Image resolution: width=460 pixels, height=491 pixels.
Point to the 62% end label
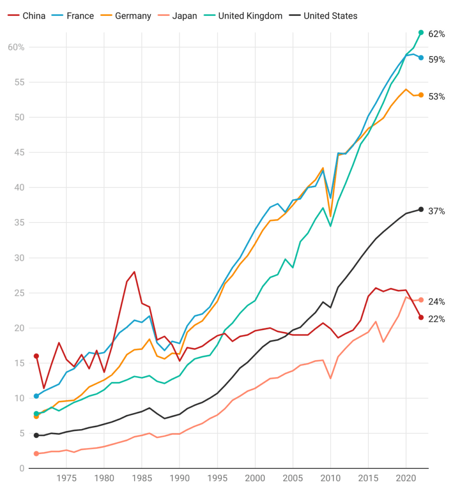click(437, 35)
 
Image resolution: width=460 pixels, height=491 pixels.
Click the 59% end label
click(437, 60)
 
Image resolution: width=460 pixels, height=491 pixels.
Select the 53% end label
click(437, 96)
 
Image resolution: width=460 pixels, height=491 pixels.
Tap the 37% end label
click(437, 211)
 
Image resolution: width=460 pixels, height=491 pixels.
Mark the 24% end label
click(437, 302)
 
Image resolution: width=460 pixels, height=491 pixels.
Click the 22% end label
click(437, 319)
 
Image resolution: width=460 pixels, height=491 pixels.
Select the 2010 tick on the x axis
click(330, 478)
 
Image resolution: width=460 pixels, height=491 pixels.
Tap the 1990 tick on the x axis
click(179, 478)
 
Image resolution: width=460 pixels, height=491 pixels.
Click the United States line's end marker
click(421, 209)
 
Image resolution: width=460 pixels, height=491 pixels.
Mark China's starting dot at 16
click(36, 356)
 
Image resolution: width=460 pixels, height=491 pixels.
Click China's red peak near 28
click(134, 272)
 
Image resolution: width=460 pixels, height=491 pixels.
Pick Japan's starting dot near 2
click(36, 454)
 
